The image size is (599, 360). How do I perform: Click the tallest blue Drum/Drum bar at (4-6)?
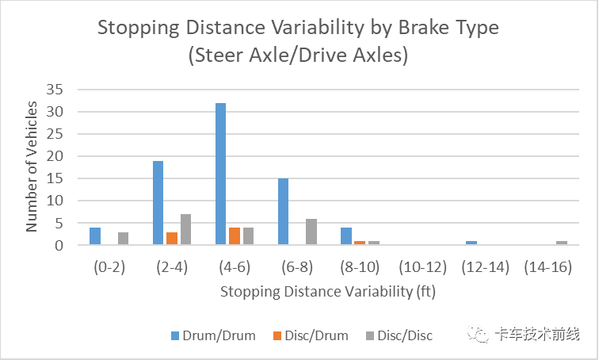(x=220, y=174)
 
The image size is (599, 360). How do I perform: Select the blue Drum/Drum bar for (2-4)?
(x=158, y=203)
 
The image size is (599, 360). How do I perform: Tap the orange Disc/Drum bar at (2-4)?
(x=171, y=239)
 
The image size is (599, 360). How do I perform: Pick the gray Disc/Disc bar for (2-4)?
(x=185, y=230)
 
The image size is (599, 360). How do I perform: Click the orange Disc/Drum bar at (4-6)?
(x=234, y=236)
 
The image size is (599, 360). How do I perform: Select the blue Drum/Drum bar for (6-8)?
(x=283, y=212)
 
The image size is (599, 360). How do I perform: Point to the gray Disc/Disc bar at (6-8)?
(x=311, y=232)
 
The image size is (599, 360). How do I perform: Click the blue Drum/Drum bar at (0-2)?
(x=95, y=236)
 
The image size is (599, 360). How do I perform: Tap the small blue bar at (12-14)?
(x=471, y=243)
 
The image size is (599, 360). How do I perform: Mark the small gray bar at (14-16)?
(x=561, y=243)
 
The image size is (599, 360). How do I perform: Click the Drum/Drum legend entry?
(x=214, y=335)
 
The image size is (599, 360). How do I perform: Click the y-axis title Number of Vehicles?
(x=32, y=167)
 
